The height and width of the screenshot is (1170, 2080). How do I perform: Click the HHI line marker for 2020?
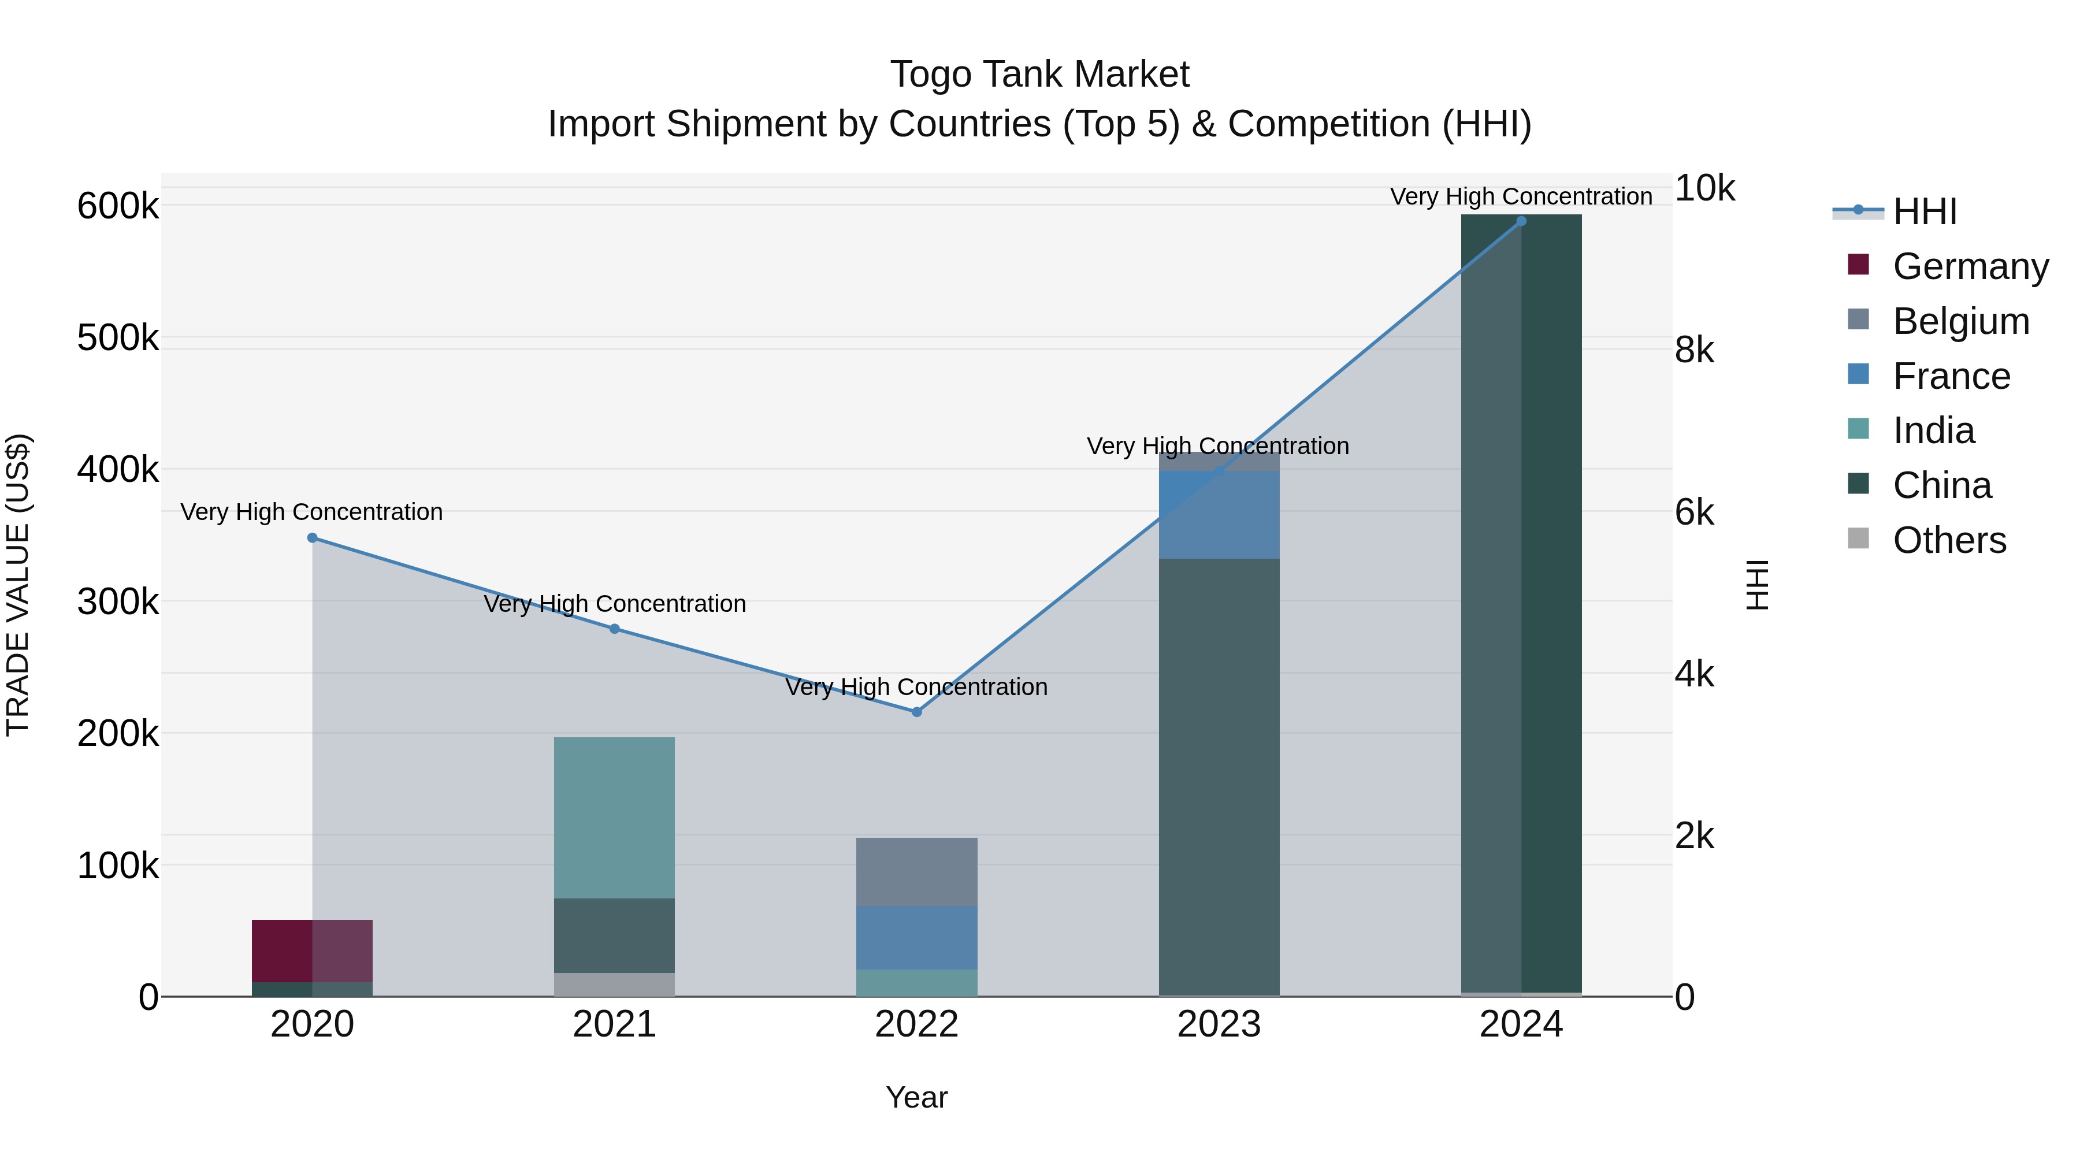click(313, 538)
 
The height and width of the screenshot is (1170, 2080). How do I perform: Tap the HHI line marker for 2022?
click(916, 712)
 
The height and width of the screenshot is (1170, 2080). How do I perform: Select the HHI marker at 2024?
click(1521, 221)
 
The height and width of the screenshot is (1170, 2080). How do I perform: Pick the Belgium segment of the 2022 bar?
click(916, 872)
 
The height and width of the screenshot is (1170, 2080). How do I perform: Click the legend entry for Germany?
click(1970, 266)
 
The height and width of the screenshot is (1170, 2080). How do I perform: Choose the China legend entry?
click(1942, 485)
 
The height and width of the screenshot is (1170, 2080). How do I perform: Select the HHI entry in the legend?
click(1924, 211)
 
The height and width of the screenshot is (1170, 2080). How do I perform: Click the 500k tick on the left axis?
click(118, 337)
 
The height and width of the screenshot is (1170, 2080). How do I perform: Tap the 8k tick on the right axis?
click(1694, 351)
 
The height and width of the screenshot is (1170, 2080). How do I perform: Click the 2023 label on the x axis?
click(1219, 1024)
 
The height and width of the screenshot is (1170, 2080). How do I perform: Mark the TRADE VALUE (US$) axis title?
click(18, 585)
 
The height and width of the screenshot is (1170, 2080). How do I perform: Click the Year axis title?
click(916, 1097)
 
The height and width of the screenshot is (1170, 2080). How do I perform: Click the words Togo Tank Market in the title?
click(1039, 75)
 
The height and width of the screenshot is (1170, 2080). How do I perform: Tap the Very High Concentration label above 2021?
click(615, 603)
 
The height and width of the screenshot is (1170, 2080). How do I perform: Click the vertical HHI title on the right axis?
click(1756, 585)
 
